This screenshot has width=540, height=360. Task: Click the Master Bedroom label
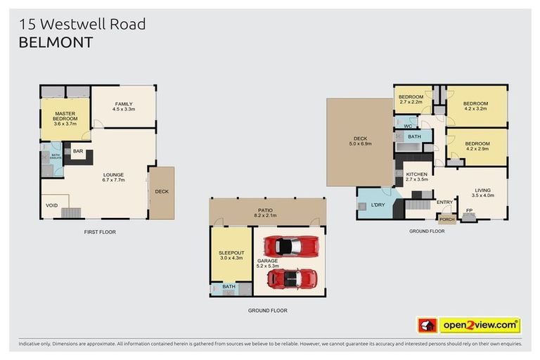point(65,119)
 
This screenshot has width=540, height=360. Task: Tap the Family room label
point(124,106)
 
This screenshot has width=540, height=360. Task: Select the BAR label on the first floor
point(77,150)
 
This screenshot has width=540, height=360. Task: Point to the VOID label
point(52,205)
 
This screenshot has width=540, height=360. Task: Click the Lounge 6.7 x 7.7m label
point(113,178)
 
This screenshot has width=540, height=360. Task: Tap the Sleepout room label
point(231,255)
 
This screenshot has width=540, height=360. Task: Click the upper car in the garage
point(290,246)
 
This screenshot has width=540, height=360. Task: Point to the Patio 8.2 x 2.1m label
point(268,212)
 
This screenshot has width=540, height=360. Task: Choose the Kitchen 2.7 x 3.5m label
point(416,176)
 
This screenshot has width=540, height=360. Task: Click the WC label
point(407,126)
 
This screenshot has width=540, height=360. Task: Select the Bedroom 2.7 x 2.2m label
point(411,99)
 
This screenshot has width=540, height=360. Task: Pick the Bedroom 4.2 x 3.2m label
point(475,106)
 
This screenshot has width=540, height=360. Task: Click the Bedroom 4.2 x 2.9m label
point(477,146)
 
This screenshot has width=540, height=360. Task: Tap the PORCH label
point(447,219)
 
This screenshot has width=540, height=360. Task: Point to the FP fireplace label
point(469,210)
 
